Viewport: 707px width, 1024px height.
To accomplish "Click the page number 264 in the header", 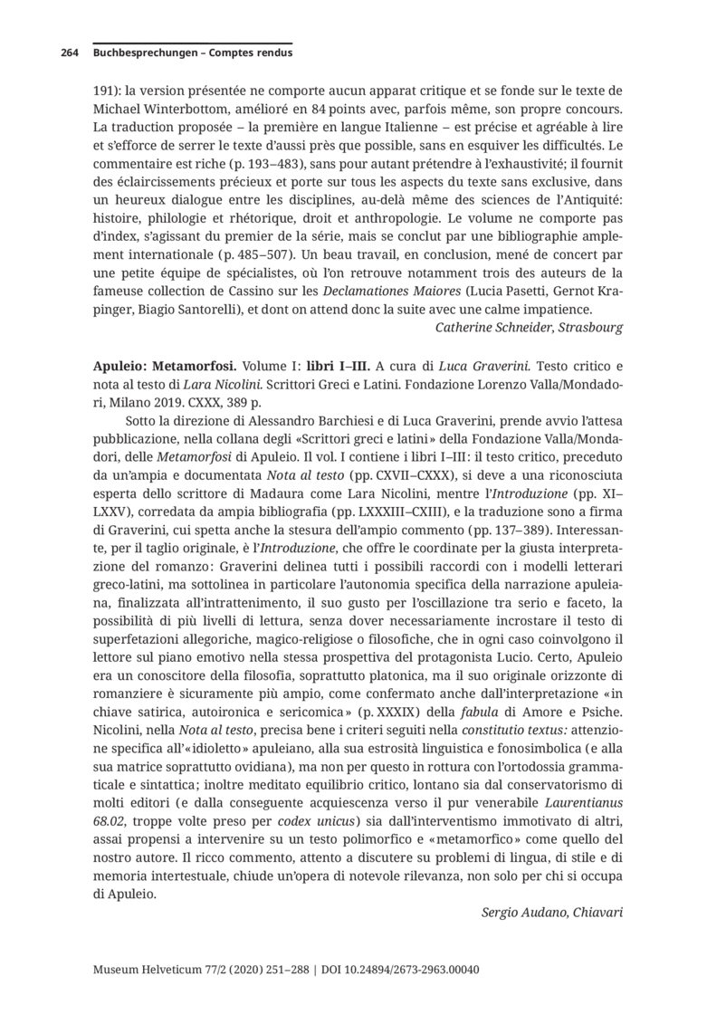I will pyautogui.click(x=70, y=53).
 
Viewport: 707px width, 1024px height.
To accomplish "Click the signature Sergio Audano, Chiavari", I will pyautogui.click(x=551, y=912).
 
